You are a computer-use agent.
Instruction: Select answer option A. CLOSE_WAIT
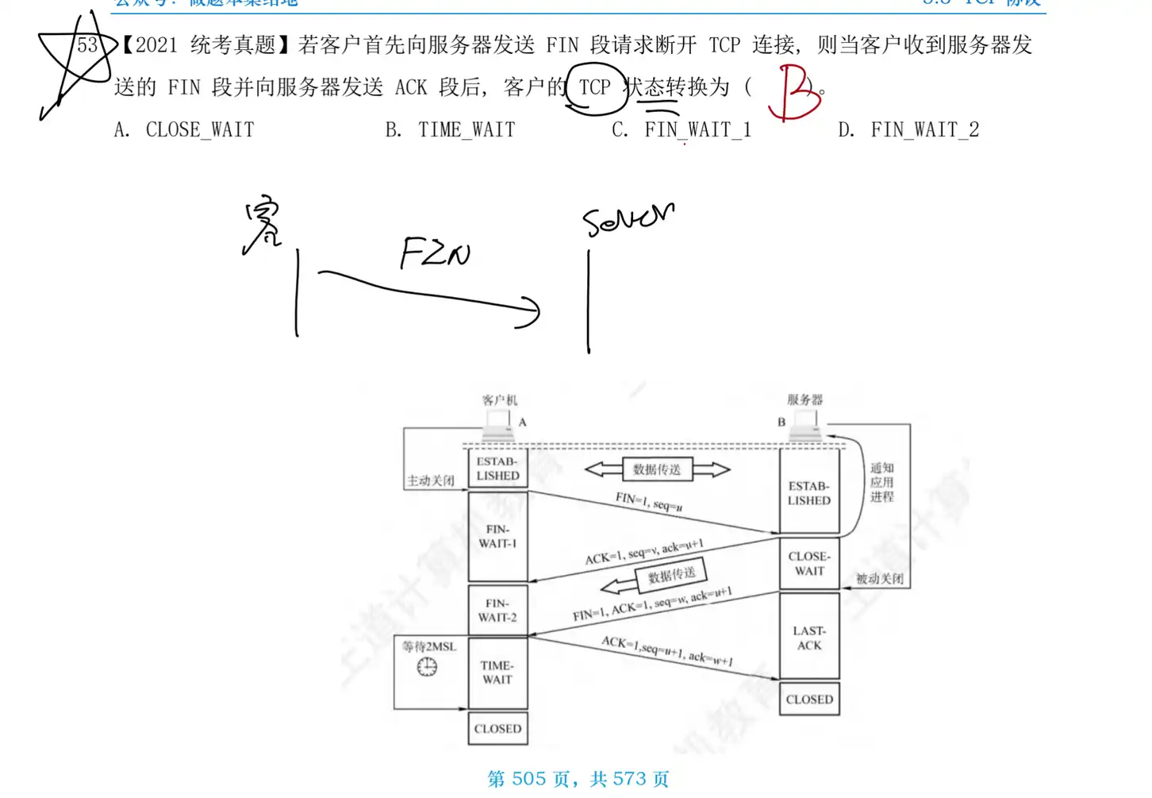coord(184,130)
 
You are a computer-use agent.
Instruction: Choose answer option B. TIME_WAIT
coord(450,130)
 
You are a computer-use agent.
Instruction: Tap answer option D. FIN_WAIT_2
coord(908,130)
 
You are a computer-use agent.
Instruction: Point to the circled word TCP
coord(595,87)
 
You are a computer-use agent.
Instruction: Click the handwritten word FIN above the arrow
coord(435,253)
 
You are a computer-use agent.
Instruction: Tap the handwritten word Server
coord(628,218)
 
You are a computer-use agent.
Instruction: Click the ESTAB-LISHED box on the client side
coord(497,468)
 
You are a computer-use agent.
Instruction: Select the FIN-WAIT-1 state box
coord(497,537)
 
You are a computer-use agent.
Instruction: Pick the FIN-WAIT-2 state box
coord(497,611)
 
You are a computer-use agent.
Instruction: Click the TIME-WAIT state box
coord(497,673)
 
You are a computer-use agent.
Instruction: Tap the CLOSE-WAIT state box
coord(809,563)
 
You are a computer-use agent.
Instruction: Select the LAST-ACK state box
coord(809,638)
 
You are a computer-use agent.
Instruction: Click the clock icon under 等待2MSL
coord(427,667)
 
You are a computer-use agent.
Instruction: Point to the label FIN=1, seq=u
coord(648,502)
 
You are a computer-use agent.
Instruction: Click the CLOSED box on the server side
coord(809,700)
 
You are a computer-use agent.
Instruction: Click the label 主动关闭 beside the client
coord(431,480)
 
